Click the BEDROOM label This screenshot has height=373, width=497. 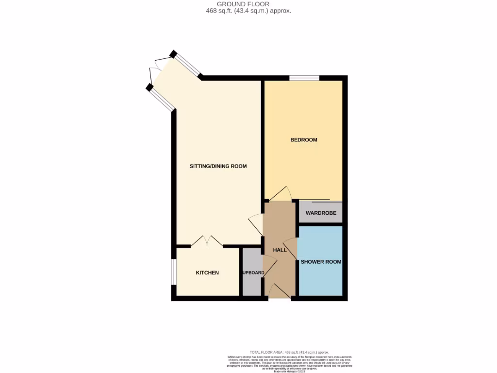tap(303, 140)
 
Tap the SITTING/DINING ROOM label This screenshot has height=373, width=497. tap(218, 166)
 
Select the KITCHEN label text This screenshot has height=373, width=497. tap(207, 273)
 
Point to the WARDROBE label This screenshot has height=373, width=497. tap(321, 213)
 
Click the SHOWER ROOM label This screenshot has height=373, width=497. tap(321, 262)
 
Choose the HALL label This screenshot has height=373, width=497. tap(280, 250)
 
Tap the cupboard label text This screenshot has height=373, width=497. tap(253, 273)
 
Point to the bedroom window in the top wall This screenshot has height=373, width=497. tap(304, 78)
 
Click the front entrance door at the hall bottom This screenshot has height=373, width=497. tap(279, 291)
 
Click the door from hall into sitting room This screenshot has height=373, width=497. tap(256, 225)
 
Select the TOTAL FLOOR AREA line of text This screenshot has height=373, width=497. tap(289, 352)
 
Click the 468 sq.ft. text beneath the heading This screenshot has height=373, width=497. tap(248, 10)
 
